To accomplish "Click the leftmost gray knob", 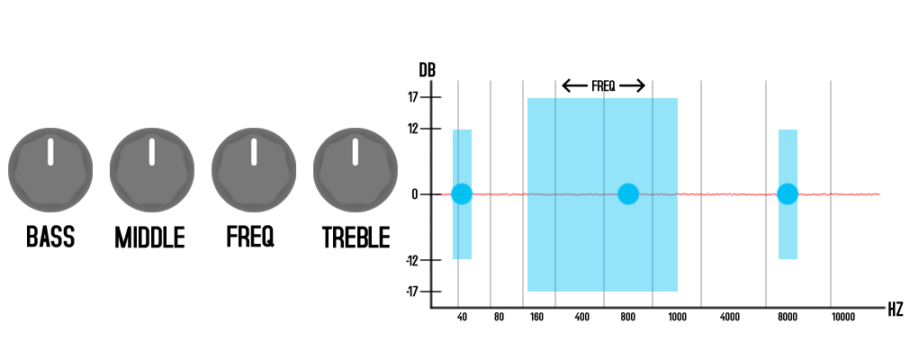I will coord(50,169).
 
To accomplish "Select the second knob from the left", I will coord(152,169).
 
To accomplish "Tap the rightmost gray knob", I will coord(356,169).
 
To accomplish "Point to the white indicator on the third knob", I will coord(254,151).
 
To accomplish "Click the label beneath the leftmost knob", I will coord(50,238).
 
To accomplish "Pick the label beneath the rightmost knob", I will coord(356,238).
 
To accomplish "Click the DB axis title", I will coord(427,70).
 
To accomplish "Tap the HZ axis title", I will coord(895,310).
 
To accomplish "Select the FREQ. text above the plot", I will coord(603,86).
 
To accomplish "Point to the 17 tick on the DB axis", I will coord(413,97).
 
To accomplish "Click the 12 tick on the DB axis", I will coord(413,129).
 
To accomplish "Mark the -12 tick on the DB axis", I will coord(411,260).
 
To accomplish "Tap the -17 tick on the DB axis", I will coord(411,292).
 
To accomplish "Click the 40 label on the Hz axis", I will coord(463,318).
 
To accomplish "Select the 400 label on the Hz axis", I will coord(581,318).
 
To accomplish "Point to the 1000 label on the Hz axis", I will coord(677,318).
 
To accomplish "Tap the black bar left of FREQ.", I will coord(574,85).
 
